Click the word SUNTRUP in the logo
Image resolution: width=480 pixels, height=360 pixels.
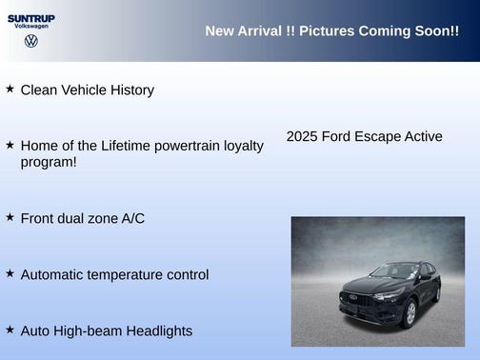[x=31, y=17]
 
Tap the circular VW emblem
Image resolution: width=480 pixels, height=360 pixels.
[x=31, y=42]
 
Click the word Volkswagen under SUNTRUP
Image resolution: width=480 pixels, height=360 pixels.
[x=31, y=27]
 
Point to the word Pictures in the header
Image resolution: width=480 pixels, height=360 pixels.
[x=327, y=31]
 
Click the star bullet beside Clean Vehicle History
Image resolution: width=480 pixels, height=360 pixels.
[x=10, y=89]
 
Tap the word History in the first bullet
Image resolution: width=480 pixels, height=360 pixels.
[x=129, y=90]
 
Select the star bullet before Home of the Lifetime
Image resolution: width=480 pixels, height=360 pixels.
[x=10, y=145]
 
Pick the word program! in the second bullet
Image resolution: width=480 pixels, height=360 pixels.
[x=49, y=162]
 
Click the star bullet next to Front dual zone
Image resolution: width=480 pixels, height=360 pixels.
[x=10, y=217]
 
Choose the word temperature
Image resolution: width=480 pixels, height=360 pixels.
[x=131, y=275]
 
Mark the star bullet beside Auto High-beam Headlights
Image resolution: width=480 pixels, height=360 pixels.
[x=10, y=330]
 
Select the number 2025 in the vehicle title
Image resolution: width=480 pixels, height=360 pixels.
[x=302, y=136]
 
